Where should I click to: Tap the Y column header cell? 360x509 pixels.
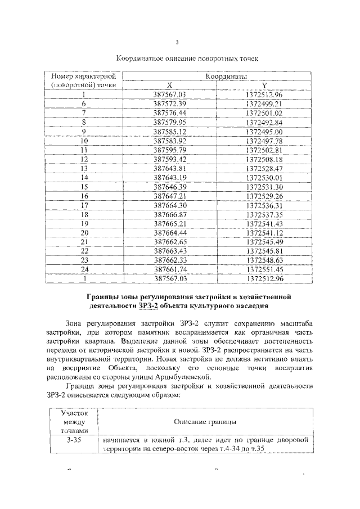click(x=264, y=85)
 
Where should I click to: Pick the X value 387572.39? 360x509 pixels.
click(x=173, y=104)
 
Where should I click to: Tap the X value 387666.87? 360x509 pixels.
click(x=173, y=214)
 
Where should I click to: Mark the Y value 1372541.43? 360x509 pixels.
click(x=264, y=223)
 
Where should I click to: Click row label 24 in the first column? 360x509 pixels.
click(x=84, y=269)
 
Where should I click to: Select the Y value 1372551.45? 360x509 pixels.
click(x=264, y=269)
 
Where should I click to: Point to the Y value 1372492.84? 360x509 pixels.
click(x=264, y=122)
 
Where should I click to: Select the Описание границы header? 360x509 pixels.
click(x=205, y=421)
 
